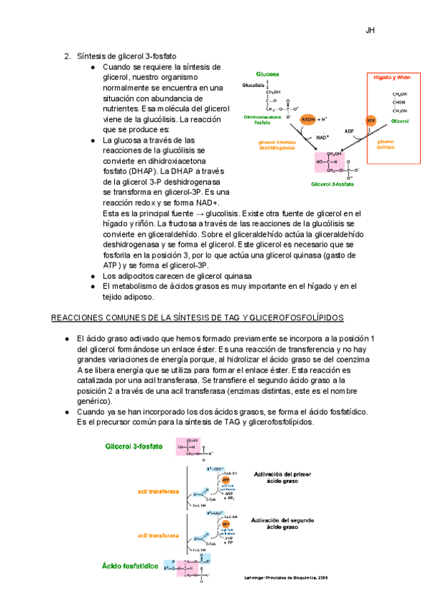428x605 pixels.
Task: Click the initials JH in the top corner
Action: (x=370, y=31)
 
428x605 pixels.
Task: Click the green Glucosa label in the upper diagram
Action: (x=267, y=74)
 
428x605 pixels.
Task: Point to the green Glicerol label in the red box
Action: (x=399, y=122)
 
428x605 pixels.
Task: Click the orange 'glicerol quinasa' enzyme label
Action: (x=385, y=144)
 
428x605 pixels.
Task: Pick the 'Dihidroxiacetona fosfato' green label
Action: (x=261, y=119)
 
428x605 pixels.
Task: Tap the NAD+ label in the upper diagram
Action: (x=322, y=137)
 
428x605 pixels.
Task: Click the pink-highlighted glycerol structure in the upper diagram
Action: (x=335, y=162)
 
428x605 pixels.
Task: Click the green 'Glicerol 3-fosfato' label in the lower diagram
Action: (x=134, y=447)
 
